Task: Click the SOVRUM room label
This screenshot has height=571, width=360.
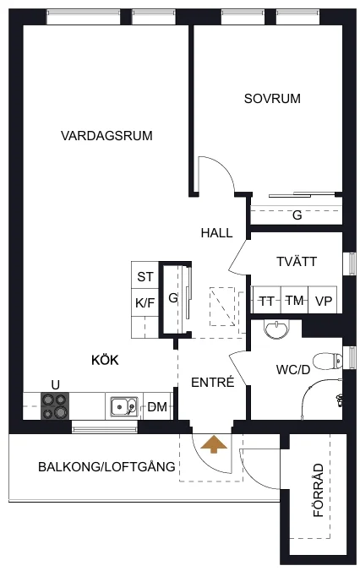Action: pyautogui.click(x=272, y=98)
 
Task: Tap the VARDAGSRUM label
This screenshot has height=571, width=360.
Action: pyautogui.click(x=106, y=136)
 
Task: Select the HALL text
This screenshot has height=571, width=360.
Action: pyautogui.click(x=217, y=233)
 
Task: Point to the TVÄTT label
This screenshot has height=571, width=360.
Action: pyautogui.click(x=297, y=262)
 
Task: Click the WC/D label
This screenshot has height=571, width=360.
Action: pyautogui.click(x=293, y=370)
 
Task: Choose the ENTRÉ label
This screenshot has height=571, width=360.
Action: pyautogui.click(x=213, y=382)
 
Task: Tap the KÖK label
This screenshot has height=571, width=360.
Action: pyautogui.click(x=105, y=360)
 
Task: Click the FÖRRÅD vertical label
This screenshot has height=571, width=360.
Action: pyautogui.click(x=319, y=490)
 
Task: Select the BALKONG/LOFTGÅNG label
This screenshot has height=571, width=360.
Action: pyautogui.click(x=106, y=466)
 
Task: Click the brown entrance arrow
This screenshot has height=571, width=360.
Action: pyautogui.click(x=214, y=445)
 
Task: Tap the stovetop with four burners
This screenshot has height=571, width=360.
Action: pyautogui.click(x=55, y=405)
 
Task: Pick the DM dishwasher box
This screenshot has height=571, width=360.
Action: pyautogui.click(x=157, y=406)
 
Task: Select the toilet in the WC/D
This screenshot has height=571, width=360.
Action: pyautogui.click(x=328, y=362)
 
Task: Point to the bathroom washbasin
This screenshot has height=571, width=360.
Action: pyautogui.click(x=276, y=329)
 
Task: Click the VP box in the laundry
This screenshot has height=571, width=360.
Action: pyautogui.click(x=323, y=300)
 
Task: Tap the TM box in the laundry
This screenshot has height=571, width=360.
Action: pyautogui.click(x=295, y=300)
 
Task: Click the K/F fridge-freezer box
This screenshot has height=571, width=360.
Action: pyautogui.click(x=145, y=302)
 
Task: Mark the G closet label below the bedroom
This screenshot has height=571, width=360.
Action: pyautogui.click(x=297, y=215)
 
